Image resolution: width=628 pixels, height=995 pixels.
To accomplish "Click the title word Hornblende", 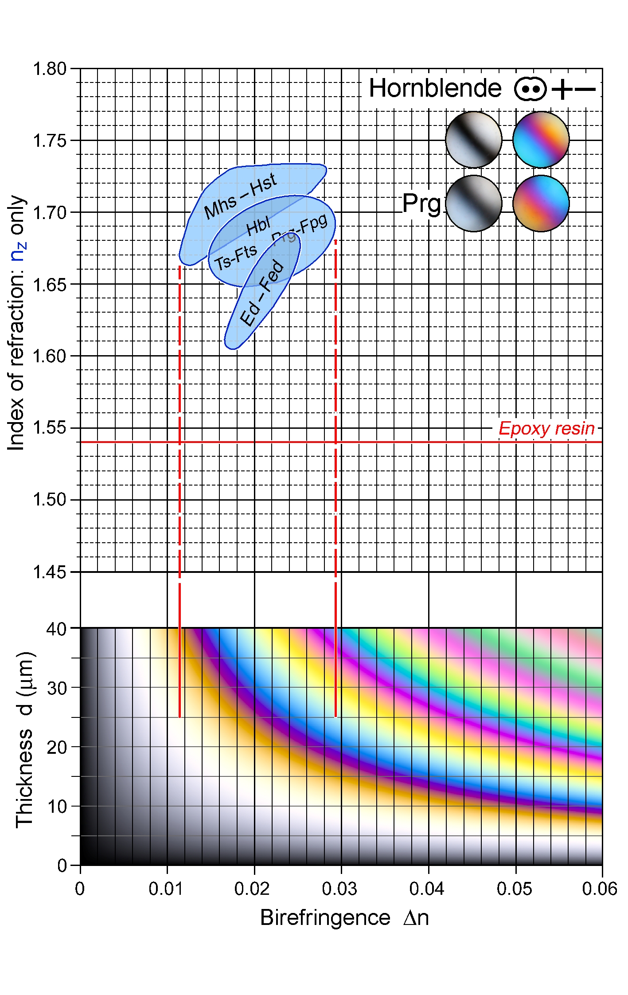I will click(435, 88).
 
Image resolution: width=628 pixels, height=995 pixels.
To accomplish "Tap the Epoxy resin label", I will click(546, 428).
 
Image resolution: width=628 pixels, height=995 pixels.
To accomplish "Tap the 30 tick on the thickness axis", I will click(57, 688).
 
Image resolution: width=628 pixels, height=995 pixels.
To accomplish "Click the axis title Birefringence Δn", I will click(344, 917).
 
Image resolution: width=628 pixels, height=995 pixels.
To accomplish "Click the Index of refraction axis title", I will click(17, 322).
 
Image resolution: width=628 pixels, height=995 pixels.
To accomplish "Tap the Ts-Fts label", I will click(236, 257).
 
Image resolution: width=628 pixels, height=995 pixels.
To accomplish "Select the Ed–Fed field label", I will click(261, 293).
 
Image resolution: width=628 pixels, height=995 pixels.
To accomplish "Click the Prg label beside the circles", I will click(421, 204).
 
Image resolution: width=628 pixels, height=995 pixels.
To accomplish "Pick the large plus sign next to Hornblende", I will click(562, 90).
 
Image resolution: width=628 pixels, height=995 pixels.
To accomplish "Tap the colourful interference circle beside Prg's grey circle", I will click(541, 204).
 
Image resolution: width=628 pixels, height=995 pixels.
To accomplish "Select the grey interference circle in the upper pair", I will click(473, 140).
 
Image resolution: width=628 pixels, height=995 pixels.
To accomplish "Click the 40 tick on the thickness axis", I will click(57, 629).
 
